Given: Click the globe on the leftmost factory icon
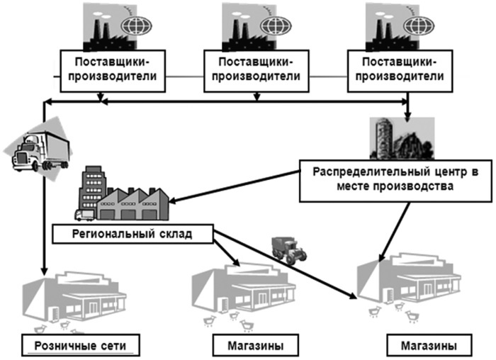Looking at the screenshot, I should click(136, 26).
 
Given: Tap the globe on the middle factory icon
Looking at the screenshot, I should click(277, 26).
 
